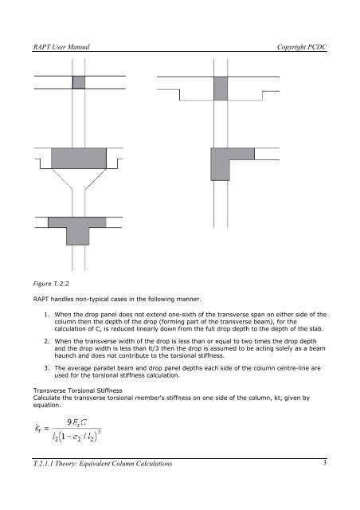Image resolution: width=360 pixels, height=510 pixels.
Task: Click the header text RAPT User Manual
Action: (x=61, y=47)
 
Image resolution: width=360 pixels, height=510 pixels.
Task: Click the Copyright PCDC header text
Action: (x=302, y=47)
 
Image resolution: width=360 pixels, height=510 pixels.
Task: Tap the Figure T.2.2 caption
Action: (x=51, y=284)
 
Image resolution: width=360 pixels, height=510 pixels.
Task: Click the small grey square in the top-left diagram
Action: (x=79, y=82)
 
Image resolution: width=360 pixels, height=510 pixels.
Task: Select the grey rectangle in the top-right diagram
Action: (x=221, y=88)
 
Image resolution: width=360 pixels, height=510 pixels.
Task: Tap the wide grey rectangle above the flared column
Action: (x=79, y=158)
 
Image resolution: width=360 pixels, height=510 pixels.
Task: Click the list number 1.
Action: (x=47, y=315)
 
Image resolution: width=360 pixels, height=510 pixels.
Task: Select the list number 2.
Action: (x=47, y=341)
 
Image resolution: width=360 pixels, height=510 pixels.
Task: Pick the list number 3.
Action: (x=47, y=368)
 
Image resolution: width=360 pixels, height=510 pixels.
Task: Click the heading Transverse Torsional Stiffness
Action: (x=78, y=390)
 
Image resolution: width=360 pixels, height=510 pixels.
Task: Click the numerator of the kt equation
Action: (x=77, y=422)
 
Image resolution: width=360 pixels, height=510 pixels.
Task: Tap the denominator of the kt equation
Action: (x=76, y=436)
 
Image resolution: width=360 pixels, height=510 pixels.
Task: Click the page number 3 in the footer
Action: (x=324, y=462)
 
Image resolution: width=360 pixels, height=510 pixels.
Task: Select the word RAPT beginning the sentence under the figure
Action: (x=41, y=300)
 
